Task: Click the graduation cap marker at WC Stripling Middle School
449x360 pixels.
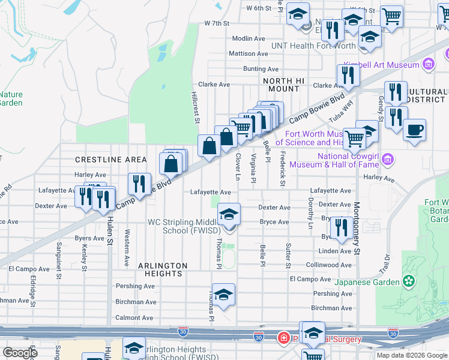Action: coord(229,214)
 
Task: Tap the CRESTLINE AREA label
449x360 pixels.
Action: coord(110,160)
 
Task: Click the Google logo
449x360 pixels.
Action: coord(20,353)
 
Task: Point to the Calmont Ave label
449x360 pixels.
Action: coord(134,318)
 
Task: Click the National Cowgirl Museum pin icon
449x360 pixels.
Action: coord(388,160)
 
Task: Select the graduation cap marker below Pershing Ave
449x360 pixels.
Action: coord(223,295)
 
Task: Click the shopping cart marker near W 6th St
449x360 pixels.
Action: coord(391,16)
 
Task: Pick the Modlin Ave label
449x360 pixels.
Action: coord(248,38)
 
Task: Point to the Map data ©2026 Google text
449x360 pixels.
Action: coord(412,355)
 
